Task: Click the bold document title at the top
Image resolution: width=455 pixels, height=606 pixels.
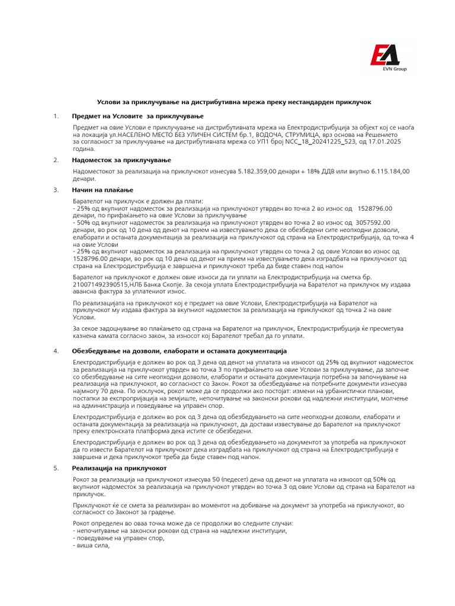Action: pos(234,102)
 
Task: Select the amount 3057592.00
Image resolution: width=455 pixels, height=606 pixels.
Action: pos(373,223)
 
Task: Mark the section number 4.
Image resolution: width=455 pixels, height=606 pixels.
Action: pos(56,351)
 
